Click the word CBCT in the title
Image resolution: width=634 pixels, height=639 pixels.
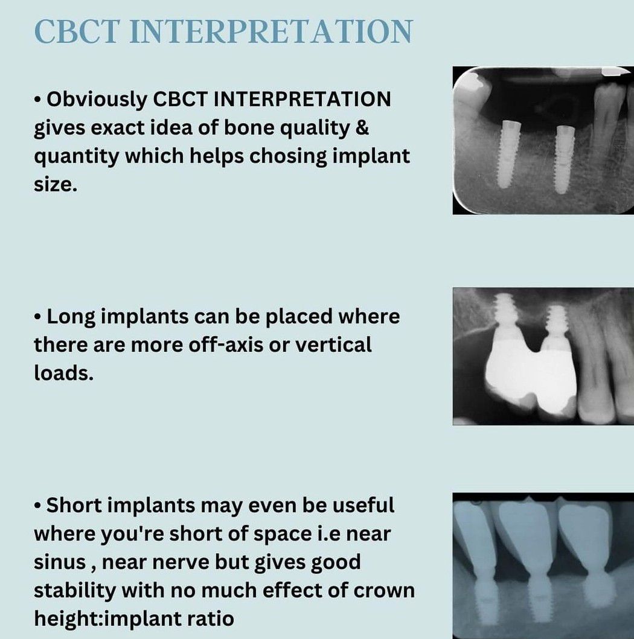coord(77,31)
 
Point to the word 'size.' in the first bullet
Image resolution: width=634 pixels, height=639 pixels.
coord(56,185)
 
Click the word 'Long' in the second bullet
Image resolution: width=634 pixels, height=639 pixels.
coord(71,317)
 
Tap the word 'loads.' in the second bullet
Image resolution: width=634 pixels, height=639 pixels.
coord(63,373)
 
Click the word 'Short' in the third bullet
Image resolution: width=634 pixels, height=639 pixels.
coord(74,505)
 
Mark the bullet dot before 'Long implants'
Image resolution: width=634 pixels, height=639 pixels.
coord(37,316)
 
